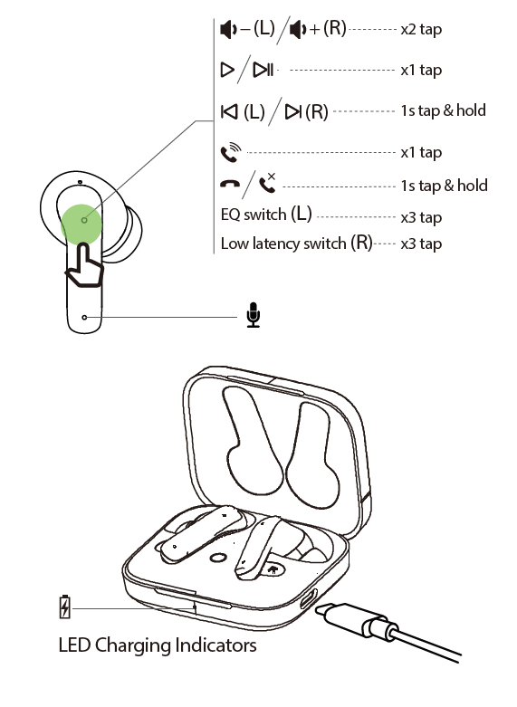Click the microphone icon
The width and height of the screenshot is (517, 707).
coord(254,315)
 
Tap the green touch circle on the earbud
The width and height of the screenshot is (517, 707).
coord(81,225)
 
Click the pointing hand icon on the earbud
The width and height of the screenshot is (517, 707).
coord(84,265)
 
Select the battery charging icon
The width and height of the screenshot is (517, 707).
coord(65,607)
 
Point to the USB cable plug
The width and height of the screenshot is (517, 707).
coord(356,619)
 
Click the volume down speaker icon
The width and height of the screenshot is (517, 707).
coord(228,30)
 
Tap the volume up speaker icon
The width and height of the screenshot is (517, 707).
coord(297,30)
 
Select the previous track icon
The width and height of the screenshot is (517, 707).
coord(229,111)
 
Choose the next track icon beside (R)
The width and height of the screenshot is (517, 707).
coord(293,111)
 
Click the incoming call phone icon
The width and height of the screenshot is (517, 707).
coord(231,152)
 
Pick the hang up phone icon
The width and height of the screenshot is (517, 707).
coord(230,184)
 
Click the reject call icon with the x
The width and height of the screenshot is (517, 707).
coord(267,183)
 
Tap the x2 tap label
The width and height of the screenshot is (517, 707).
coord(421,30)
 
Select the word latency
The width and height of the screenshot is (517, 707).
coord(276,244)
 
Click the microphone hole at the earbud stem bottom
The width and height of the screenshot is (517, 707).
coord(84,318)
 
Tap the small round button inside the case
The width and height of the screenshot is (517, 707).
coord(218,559)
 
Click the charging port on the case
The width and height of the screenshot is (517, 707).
coord(308,598)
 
